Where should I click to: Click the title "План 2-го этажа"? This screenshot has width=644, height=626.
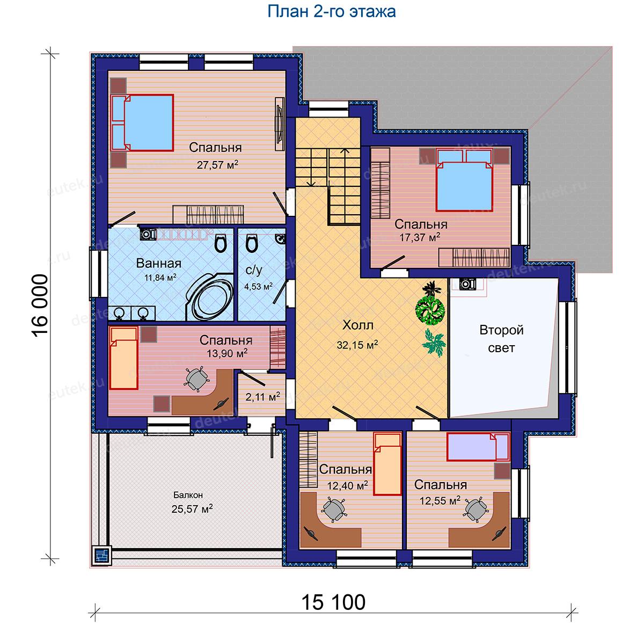point(331,12)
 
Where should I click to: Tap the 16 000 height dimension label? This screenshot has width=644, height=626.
point(40,305)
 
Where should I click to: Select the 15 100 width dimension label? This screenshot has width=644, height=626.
point(333,602)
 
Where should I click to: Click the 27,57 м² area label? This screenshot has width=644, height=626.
point(217,164)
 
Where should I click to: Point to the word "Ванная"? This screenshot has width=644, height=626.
point(158,264)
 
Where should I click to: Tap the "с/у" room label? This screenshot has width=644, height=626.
point(254,271)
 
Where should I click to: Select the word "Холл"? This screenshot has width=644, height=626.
point(358,325)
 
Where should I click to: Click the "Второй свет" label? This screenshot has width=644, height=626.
point(501,339)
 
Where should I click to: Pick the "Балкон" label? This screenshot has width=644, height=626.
point(188,495)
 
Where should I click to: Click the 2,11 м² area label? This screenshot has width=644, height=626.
point(263,396)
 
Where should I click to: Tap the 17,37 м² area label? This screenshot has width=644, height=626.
point(420,237)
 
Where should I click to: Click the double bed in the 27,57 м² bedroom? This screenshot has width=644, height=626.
point(142,123)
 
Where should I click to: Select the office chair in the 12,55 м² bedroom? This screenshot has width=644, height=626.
point(475,509)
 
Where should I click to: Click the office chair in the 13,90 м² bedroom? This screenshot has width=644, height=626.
point(196,378)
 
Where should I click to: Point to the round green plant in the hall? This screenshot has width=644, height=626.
point(430,310)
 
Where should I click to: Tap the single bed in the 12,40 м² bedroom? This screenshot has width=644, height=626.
point(387,463)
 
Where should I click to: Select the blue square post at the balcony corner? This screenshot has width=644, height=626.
point(102,555)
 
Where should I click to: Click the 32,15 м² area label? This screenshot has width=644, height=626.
point(357,345)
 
